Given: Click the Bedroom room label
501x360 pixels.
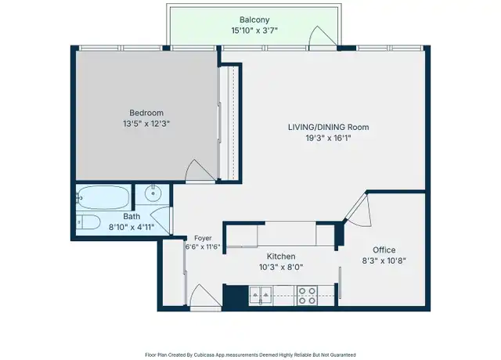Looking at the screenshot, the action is (x=146, y=113).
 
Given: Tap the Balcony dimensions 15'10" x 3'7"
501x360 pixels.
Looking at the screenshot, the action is (x=254, y=31).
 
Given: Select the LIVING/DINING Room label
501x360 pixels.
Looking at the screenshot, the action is (x=329, y=127).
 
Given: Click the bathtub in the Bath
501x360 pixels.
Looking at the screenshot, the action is (x=103, y=197).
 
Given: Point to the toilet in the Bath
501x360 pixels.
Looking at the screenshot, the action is (x=88, y=222).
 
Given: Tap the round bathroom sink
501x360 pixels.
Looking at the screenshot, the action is (x=153, y=193).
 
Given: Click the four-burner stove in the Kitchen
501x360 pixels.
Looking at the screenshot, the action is (x=307, y=296).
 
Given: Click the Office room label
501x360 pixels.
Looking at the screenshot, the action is (x=384, y=250).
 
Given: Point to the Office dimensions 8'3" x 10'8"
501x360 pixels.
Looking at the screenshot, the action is (x=384, y=261).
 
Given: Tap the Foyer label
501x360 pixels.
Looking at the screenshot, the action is (x=203, y=238).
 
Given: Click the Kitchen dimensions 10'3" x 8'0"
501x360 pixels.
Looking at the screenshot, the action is (x=281, y=267).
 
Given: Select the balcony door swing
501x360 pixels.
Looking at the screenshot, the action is (x=323, y=38).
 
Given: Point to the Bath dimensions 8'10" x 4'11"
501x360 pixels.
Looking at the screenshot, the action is (x=132, y=227).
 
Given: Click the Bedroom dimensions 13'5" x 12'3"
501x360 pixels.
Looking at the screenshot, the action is (x=146, y=124).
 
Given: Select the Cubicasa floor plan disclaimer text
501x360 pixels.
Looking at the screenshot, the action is (x=250, y=355).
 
